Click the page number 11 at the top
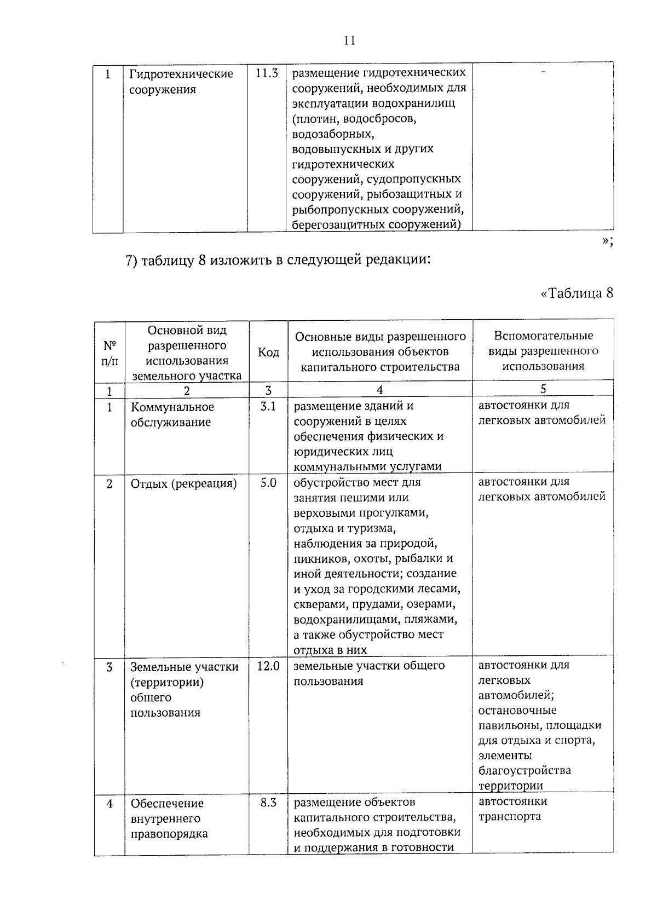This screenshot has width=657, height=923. [349, 41]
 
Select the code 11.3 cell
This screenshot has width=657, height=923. [267, 73]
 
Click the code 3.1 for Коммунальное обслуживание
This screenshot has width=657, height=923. [268, 407]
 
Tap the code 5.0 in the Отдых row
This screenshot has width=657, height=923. [268, 483]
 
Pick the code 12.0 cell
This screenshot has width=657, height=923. [268, 666]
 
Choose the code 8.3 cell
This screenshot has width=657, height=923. [268, 803]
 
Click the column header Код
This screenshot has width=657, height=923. [268, 352]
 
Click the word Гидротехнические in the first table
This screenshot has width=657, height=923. [181, 74]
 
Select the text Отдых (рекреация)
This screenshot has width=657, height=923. [183, 484]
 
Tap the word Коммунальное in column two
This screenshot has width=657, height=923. [172, 407]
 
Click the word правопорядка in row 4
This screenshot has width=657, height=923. [169, 834]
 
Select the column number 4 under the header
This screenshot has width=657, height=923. [379, 390]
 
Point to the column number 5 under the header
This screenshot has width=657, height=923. [543, 389]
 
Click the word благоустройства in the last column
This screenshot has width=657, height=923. [525, 771]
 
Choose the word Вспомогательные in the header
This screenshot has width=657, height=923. [543, 336]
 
